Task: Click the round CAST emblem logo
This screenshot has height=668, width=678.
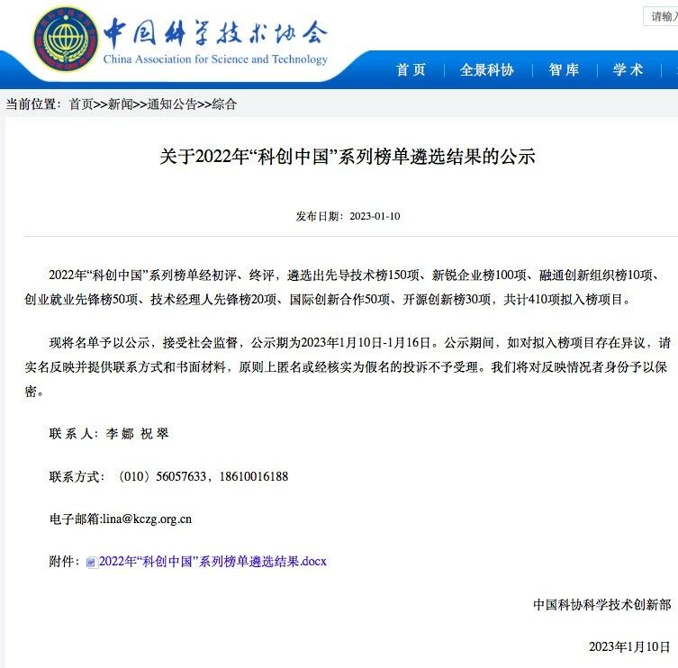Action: (63, 42)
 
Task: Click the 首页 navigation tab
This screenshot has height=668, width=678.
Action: (411, 70)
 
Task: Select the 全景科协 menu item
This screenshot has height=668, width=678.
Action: (486, 70)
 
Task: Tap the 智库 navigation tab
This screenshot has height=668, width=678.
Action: (564, 70)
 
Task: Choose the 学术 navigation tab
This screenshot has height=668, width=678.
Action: (628, 70)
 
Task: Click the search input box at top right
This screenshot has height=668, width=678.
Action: (661, 16)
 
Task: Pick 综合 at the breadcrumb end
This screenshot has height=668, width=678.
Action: (224, 104)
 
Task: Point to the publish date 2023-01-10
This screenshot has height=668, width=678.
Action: (374, 216)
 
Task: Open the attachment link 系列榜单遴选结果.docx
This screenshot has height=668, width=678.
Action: (212, 561)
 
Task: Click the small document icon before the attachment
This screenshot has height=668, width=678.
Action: (91, 563)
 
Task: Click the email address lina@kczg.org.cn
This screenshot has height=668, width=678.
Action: (146, 519)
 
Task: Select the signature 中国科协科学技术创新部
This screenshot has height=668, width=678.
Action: (601, 605)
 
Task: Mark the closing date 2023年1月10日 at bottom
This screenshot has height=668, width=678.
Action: (629, 646)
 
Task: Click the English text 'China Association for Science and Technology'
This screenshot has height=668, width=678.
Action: (216, 59)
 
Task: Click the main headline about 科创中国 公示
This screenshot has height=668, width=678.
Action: (348, 157)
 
